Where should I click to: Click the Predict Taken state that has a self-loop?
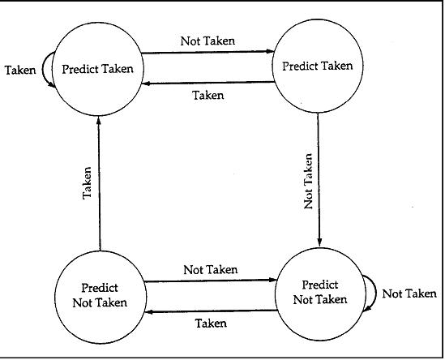point(98,69)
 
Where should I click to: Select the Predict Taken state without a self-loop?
point(318,66)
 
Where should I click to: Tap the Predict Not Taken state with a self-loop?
point(320,294)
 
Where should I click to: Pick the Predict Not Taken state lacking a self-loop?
point(101,298)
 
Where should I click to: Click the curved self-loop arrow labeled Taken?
point(43,69)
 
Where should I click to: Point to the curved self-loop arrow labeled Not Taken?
point(376,294)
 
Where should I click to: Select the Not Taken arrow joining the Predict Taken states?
point(208,52)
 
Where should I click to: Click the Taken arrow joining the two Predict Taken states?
point(208,83)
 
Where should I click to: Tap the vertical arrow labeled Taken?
point(99,184)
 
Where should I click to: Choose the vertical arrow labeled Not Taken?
point(319,179)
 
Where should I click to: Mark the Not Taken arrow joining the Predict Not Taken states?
point(210,281)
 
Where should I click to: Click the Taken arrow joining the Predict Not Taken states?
point(212,311)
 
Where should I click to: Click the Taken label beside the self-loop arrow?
point(20,70)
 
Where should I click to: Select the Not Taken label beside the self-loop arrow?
point(409,294)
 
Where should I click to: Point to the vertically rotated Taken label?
point(87,183)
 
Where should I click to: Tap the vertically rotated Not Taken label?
point(308,181)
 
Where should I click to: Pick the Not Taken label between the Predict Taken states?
point(208,41)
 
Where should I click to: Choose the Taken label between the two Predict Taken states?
point(208,95)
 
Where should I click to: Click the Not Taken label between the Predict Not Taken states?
point(211,269)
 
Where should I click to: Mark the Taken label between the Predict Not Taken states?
point(211,324)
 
